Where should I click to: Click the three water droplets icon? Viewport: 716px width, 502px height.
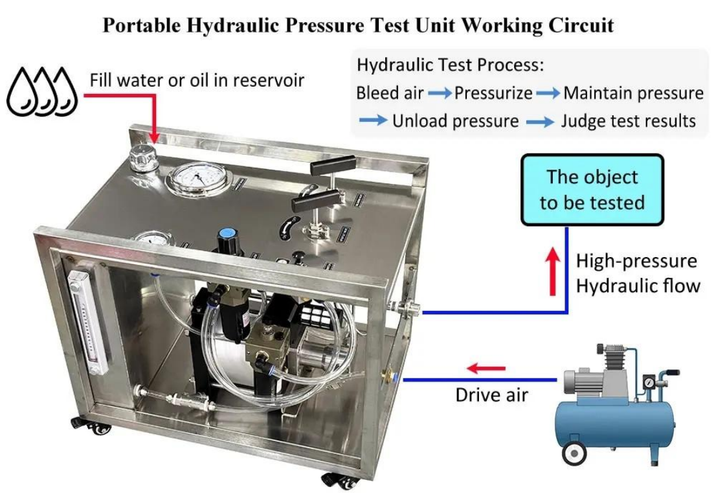point(42,92)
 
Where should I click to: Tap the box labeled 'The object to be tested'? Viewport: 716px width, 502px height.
point(592,190)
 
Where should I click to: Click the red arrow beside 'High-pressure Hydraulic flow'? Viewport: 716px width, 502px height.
point(553,271)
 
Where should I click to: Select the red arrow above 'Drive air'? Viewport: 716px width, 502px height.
point(486,368)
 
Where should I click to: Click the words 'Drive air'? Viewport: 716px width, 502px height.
point(492,395)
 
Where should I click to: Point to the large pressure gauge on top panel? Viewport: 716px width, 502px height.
point(197,177)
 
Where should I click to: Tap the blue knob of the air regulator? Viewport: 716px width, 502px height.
point(225,234)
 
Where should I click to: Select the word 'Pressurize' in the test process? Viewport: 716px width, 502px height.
point(493,93)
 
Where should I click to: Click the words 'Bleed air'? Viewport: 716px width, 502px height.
point(390,93)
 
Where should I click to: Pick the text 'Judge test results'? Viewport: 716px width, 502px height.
point(628,121)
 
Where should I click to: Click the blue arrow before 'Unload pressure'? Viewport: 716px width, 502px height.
point(373,120)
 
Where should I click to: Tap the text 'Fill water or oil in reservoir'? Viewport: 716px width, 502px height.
point(197,80)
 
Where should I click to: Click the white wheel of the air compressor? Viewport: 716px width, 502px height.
point(574,453)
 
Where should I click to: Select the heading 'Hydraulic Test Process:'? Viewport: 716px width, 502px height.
point(450,65)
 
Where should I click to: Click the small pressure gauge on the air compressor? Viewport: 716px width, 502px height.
point(649,381)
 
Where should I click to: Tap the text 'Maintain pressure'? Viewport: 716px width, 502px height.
point(633,93)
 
